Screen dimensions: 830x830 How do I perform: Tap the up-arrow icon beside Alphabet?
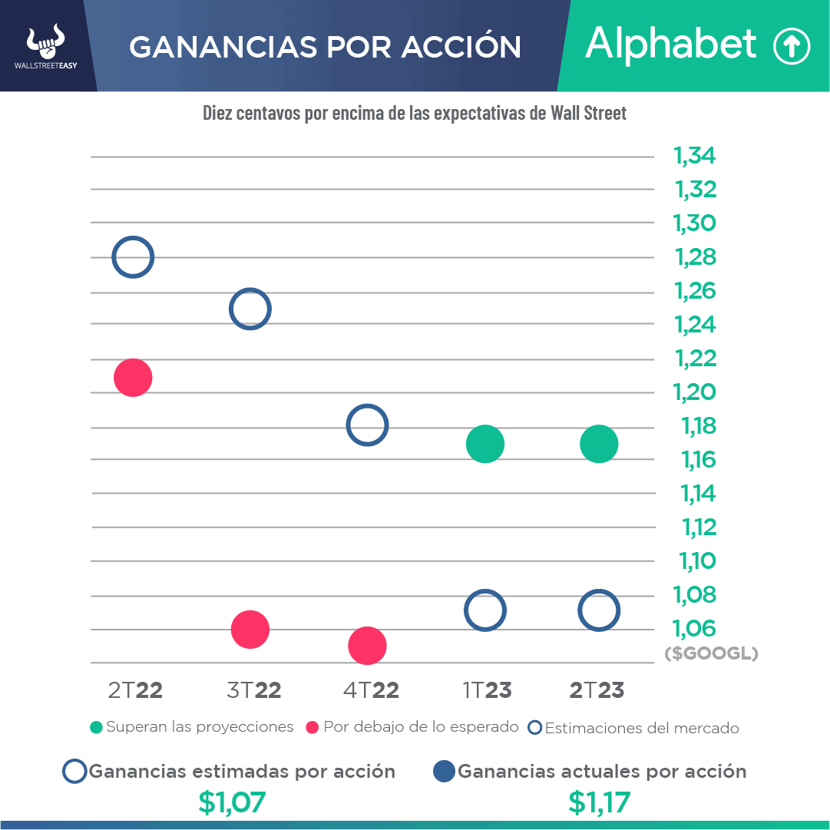[x=791, y=47]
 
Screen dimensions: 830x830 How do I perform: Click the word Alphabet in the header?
[x=670, y=45]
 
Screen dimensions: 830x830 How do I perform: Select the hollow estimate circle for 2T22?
[x=133, y=257]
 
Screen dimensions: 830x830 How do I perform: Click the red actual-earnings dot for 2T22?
[x=133, y=377]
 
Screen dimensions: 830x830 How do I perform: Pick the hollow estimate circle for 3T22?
[x=250, y=309]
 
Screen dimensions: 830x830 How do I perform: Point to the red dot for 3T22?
[x=250, y=630]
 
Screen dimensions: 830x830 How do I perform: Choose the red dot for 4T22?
[x=367, y=646]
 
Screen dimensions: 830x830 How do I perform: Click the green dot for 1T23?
[x=484, y=444]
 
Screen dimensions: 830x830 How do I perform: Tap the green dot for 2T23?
[x=599, y=444]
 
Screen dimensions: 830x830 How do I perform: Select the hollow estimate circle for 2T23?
[x=599, y=610]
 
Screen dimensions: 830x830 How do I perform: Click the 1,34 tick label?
[x=694, y=156]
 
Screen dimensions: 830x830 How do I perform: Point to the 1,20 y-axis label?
[x=694, y=392]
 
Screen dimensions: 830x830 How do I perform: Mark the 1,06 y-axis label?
[x=694, y=629]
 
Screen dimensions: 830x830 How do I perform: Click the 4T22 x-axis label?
[x=371, y=690]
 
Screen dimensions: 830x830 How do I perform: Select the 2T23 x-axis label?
[x=597, y=690]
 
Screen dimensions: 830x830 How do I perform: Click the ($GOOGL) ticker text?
[x=711, y=654]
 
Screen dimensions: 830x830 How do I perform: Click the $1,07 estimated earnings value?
[x=232, y=802]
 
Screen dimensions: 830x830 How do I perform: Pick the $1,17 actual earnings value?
[x=599, y=802]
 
